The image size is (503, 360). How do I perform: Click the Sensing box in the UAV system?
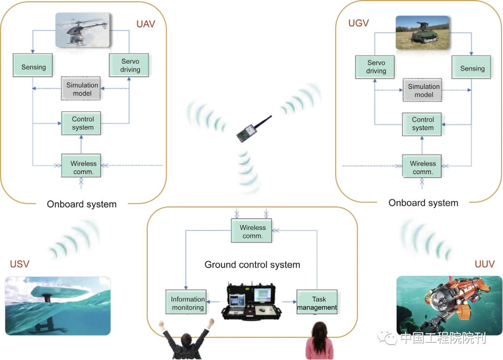[x=33, y=67]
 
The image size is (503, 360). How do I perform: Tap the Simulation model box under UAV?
[x=82, y=89]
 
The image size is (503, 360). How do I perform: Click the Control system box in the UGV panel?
[x=422, y=124]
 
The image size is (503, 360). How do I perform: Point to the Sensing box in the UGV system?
[x=472, y=68]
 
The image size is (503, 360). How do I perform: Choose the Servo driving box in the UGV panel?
[x=376, y=67]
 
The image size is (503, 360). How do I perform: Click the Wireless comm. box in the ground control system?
[x=252, y=231]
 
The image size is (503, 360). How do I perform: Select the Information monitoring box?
[x=187, y=303]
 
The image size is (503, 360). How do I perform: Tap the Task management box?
[x=317, y=303]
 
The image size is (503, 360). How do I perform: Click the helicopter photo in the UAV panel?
[x=82, y=30]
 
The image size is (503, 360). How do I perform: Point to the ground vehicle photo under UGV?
[x=422, y=33]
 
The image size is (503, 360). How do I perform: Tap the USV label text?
[x=20, y=264]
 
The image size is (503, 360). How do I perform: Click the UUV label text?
[x=484, y=264]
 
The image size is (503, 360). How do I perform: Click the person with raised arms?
[x=186, y=340]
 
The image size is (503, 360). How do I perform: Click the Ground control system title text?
[x=252, y=265]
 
